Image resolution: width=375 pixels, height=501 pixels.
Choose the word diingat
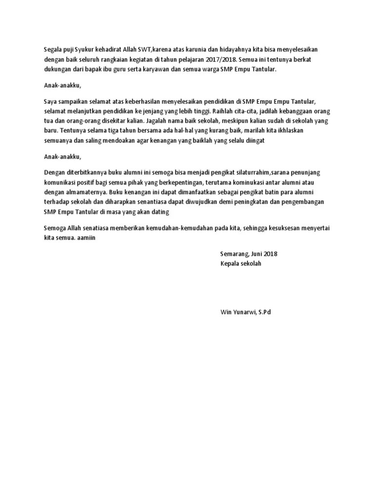pos(251,140)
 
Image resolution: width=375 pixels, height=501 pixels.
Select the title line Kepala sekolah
pos(241,264)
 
